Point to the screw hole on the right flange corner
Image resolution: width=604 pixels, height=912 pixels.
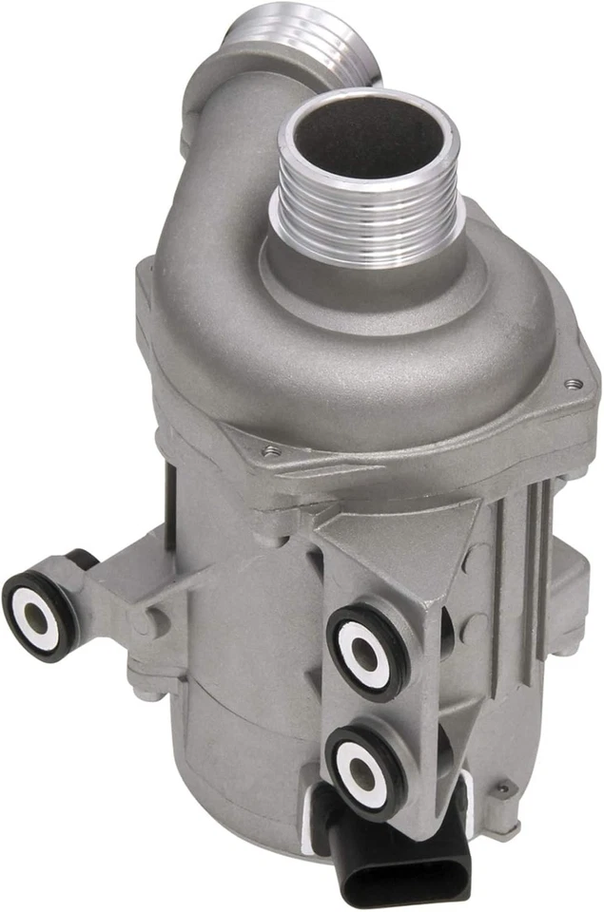point(569,384)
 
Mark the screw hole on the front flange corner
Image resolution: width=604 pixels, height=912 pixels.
point(272,451)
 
